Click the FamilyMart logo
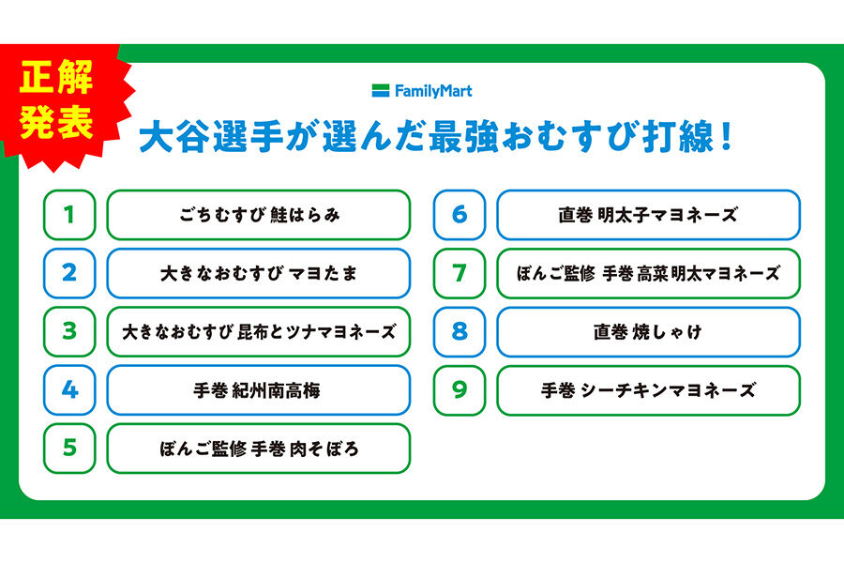pyautogui.click(x=421, y=91)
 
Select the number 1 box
pyautogui.click(x=69, y=215)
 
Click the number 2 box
pyautogui.click(x=69, y=273)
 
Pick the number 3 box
pyautogui.click(x=69, y=331)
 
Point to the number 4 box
pyautogui.click(x=69, y=389)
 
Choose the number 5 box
pyautogui.click(x=69, y=448)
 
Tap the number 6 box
pyautogui.click(x=459, y=215)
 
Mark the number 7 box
pyautogui.click(x=459, y=273)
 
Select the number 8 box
pyautogui.click(x=459, y=331)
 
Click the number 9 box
pyautogui.click(x=459, y=389)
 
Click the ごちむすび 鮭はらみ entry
pyautogui.click(x=258, y=215)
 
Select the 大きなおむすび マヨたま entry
pyautogui.click(x=258, y=273)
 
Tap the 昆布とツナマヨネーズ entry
pyautogui.click(x=258, y=331)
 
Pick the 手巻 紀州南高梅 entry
pyautogui.click(x=258, y=389)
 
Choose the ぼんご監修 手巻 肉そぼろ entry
pyautogui.click(x=258, y=448)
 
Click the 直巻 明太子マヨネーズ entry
pyautogui.click(x=648, y=215)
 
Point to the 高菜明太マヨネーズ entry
pyautogui.click(x=648, y=273)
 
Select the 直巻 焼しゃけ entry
pyautogui.click(x=648, y=331)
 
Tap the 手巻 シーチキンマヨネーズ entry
pyautogui.click(x=648, y=389)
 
